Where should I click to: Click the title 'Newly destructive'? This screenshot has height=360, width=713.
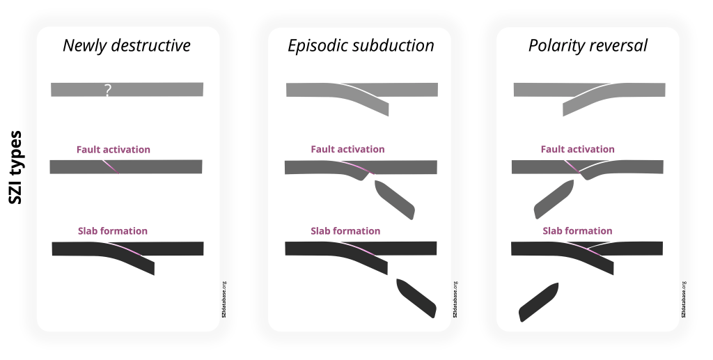tap(127, 46)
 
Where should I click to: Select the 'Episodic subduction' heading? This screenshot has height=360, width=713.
tap(361, 46)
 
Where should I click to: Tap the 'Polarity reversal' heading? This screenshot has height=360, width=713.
tap(588, 46)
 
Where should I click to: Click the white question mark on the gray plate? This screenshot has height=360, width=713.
tap(107, 90)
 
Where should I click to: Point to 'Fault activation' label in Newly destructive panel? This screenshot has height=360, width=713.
tap(113, 150)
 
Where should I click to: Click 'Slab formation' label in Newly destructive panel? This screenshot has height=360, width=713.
tap(113, 231)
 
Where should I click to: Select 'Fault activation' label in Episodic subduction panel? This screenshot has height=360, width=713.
tap(347, 150)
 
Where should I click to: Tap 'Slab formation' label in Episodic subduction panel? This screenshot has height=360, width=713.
tap(345, 231)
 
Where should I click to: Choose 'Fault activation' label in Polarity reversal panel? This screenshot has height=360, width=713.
tap(577, 150)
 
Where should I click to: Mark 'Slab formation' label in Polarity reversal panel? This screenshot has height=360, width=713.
tap(577, 231)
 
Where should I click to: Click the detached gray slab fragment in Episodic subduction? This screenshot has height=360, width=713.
tap(394, 199)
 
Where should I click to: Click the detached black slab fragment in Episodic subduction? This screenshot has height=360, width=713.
tap(416, 297)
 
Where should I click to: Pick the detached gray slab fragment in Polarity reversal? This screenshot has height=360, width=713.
tap(554, 199)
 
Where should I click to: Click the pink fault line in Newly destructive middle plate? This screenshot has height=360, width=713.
tap(110, 166)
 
